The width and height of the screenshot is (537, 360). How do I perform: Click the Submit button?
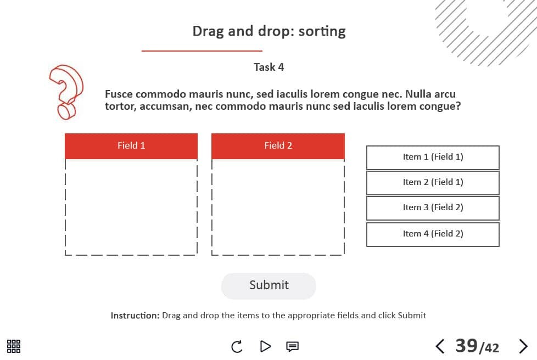[x=268, y=286]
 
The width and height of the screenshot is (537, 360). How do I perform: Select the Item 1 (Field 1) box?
[x=433, y=157]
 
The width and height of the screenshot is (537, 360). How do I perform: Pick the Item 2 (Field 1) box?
[x=433, y=183]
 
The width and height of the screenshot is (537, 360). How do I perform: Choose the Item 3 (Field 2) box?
[x=433, y=208]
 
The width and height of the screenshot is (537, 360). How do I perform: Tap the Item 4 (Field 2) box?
[x=433, y=234]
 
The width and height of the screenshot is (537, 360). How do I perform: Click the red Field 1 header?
[x=131, y=146]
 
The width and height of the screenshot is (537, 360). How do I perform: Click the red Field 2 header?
[x=278, y=146]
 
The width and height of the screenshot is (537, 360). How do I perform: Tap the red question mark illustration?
[x=66, y=92]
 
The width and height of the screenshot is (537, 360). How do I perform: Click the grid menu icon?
[x=14, y=346]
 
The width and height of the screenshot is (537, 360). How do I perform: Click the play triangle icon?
[x=265, y=346]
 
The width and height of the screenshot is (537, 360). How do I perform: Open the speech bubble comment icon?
[x=292, y=347]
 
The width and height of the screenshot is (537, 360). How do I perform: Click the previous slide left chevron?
[x=440, y=346]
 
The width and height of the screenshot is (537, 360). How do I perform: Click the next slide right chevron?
[x=523, y=346]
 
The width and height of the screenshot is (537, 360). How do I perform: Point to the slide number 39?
[x=467, y=346]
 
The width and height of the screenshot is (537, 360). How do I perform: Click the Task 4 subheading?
[x=269, y=67]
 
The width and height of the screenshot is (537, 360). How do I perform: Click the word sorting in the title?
[x=322, y=31]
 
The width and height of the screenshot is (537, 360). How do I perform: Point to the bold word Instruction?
[x=135, y=315]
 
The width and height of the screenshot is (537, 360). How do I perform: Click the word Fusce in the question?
[x=119, y=94]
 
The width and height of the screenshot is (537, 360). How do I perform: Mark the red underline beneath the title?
[x=202, y=51]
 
